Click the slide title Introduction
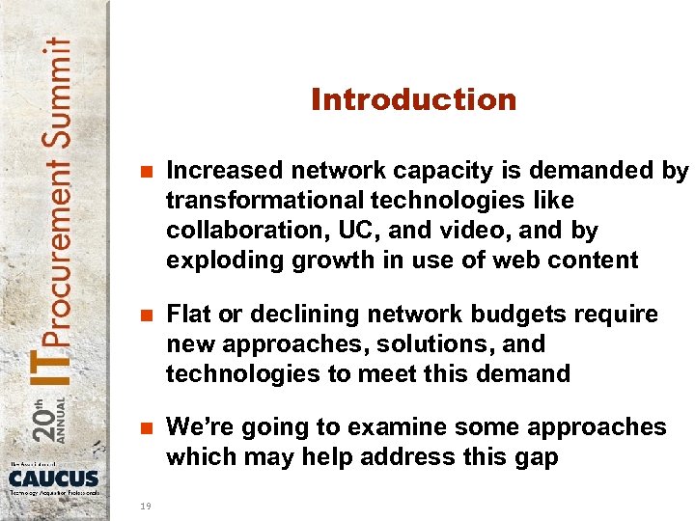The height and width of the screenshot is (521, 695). pyautogui.click(x=413, y=100)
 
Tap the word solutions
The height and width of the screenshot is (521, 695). pyautogui.click(x=418, y=344)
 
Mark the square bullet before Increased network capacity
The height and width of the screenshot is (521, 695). pyautogui.click(x=147, y=172)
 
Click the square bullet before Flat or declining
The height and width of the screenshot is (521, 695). pyautogui.click(x=147, y=315)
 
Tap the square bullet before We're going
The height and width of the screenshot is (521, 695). pyautogui.click(x=147, y=428)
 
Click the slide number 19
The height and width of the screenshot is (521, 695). pyautogui.click(x=144, y=503)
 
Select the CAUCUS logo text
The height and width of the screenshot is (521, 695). pyautogui.click(x=54, y=478)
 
